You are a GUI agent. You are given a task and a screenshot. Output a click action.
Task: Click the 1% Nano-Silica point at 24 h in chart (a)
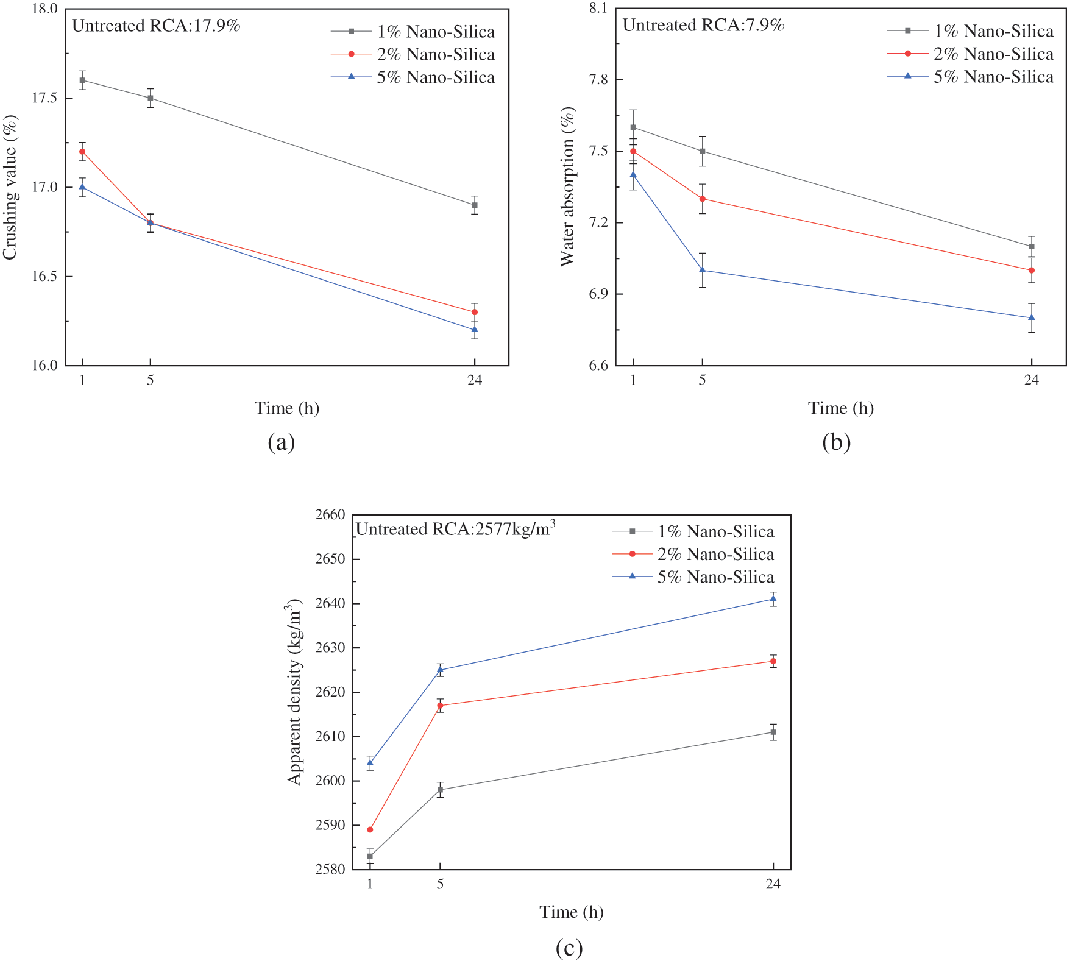tap(475, 205)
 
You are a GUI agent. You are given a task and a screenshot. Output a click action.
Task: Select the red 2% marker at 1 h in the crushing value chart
tap(82, 151)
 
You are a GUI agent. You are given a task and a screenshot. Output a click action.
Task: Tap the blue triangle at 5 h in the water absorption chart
tap(702, 270)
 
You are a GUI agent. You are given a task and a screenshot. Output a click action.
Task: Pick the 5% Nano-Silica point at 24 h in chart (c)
tap(773, 599)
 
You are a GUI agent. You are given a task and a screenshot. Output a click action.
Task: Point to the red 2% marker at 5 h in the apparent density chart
tap(440, 706)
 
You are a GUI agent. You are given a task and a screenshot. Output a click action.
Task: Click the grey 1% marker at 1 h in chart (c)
tap(370, 856)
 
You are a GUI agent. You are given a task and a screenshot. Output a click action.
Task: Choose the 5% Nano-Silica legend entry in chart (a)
tap(413, 77)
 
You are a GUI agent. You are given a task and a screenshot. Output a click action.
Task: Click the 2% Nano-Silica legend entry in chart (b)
tap(970, 54)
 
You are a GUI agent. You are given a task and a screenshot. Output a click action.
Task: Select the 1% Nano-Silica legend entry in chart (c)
tap(693, 531)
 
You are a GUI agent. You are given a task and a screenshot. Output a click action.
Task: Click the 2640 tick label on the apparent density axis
tap(330, 603)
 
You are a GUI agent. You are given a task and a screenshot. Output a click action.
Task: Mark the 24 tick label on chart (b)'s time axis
tap(1031, 380)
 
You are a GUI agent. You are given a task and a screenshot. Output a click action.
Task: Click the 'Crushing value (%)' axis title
tap(10, 187)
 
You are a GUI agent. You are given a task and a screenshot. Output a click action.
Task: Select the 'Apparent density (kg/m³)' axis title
tap(295, 692)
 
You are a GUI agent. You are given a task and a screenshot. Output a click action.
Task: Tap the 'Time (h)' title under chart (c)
tap(571, 912)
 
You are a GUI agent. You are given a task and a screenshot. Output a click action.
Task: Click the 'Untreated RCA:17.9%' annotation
tap(156, 26)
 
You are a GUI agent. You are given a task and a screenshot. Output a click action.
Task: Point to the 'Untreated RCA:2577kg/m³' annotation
tap(455, 528)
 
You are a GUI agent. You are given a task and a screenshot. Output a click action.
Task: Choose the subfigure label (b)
tap(836, 442)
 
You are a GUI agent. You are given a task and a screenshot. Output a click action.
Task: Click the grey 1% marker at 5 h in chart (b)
tap(702, 151)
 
